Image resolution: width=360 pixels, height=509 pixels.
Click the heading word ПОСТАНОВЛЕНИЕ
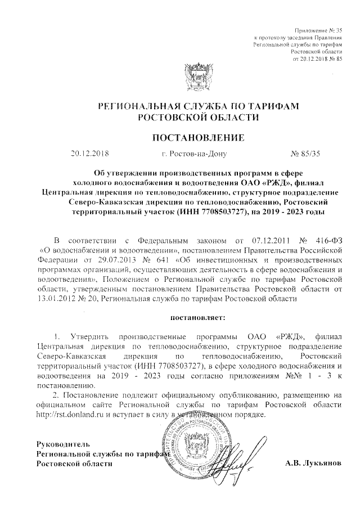pyautogui.click(x=199, y=137)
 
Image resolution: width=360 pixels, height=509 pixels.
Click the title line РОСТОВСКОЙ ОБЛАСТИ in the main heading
pyautogui.click(x=199, y=118)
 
